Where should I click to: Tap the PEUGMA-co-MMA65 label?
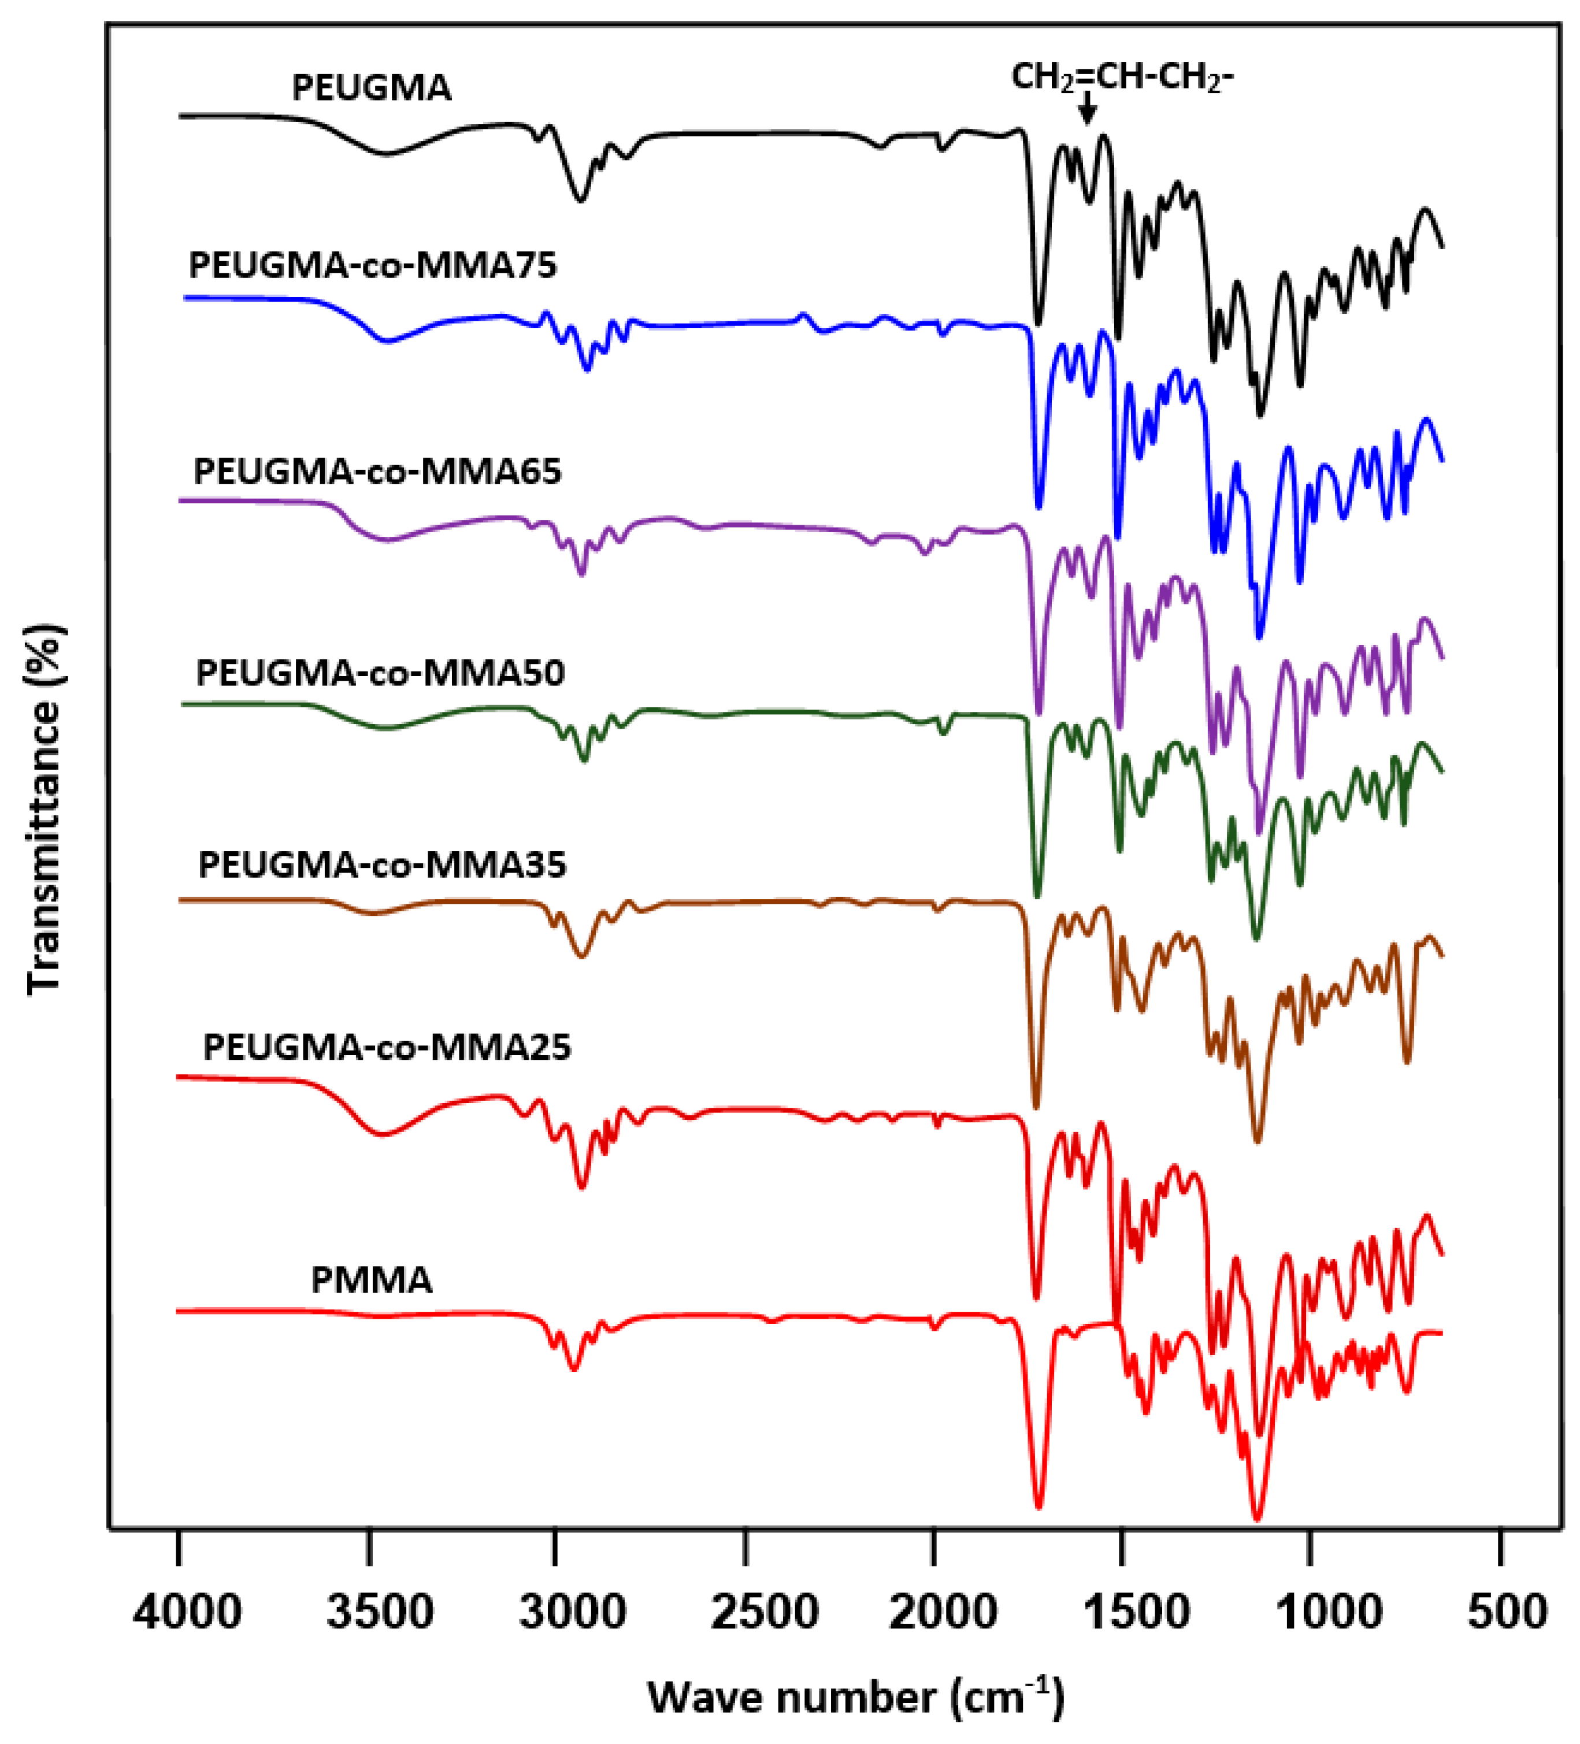377,472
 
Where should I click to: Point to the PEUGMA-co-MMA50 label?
380,673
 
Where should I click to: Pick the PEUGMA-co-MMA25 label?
387,1048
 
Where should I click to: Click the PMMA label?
371,1281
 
